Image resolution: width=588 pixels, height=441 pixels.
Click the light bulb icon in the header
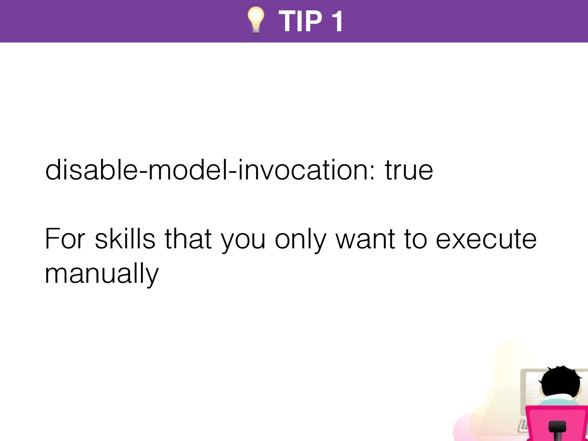256,20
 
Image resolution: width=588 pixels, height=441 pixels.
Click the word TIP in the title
300,21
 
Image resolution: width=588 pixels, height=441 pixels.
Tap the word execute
486,239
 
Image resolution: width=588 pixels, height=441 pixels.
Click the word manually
102,274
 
